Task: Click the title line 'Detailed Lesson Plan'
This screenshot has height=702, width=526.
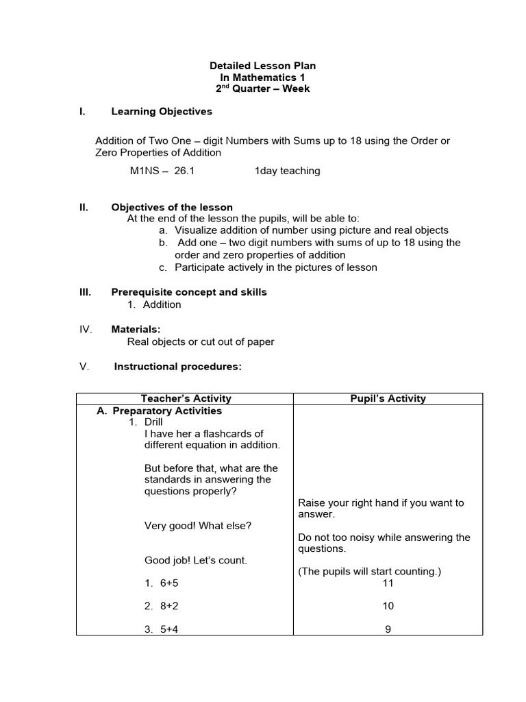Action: pyautogui.click(x=262, y=66)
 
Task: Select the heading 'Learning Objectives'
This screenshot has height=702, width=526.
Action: pyautogui.click(x=162, y=111)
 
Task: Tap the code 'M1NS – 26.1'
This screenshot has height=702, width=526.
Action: pyautogui.click(x=162, y=171)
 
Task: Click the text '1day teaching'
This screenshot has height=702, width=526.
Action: pyautogui.click(x=287, y=171)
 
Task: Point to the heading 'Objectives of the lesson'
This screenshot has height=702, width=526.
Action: pyautogui.click(x=172, y=207)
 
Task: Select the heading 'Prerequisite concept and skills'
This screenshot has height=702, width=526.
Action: pyautogui.click(x=189, y=292)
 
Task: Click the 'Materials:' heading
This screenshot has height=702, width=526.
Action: pyautogui.click(x=136, y=329)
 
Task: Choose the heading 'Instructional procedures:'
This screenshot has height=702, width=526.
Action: pyautogui.click(x=178, y=366)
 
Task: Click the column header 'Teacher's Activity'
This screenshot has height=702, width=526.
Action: pyautogui.click(x=186, y=398)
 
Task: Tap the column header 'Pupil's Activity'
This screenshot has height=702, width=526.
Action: pyautogui.click(x=388, y=398)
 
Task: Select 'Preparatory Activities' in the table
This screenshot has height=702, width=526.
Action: pyautogui.click(x=167, y=411)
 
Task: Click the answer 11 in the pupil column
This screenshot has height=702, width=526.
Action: pyautogui.click(x=388, y=583)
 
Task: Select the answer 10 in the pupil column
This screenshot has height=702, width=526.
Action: pyautogui.click(x=388, y=606)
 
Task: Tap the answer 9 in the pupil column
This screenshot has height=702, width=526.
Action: pyautogui.click(x=388, y=629)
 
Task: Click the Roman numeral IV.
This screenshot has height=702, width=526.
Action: pyautogui.click(x=86, y=329)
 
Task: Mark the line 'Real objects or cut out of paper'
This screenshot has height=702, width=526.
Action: pyautogui.click(x=201, y=341)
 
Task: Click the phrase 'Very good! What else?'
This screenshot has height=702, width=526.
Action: pyautogui.click(x=198, y=526)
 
